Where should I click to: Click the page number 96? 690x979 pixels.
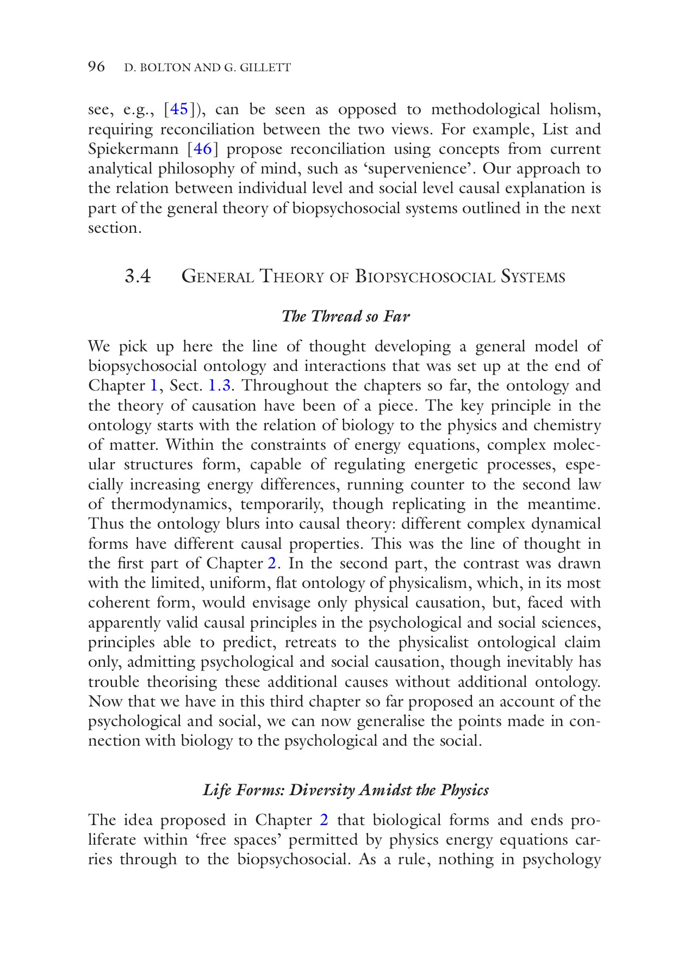(96, 67)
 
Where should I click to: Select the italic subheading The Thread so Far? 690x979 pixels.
(345, 316)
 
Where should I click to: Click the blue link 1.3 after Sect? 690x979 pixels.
(220, 386)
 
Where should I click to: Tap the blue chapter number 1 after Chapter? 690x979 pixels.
(154, 386)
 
